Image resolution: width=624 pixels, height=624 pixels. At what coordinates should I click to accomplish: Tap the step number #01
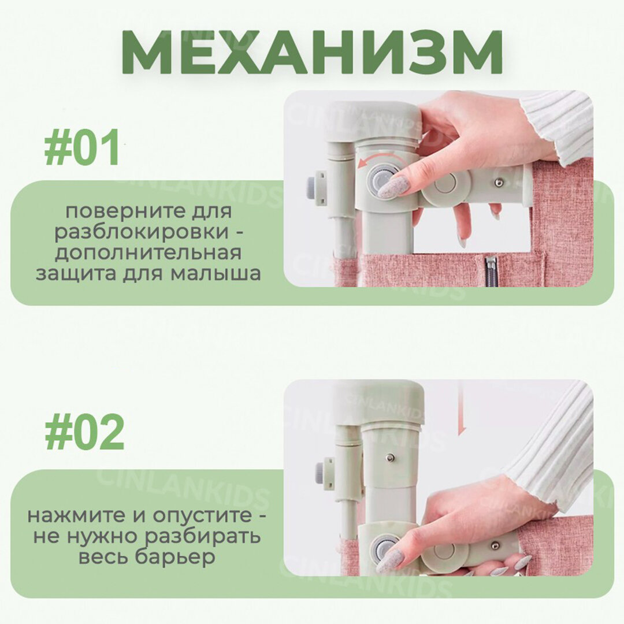pos(83,147)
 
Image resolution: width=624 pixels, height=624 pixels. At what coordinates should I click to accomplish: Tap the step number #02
pos(84,432)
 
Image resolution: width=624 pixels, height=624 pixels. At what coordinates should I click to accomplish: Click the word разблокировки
pos(142,232)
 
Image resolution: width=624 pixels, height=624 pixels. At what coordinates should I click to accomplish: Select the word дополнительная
pos(148,254)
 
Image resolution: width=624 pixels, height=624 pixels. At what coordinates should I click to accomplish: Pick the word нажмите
pos(76,516)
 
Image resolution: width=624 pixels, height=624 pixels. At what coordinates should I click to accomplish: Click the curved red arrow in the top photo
pos(370,161)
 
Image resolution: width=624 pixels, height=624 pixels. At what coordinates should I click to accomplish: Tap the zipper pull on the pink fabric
pos(491,266)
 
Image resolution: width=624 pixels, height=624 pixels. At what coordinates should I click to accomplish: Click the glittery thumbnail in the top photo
pos(392,187)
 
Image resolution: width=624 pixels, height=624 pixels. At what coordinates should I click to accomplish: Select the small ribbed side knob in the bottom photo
pos(320,474)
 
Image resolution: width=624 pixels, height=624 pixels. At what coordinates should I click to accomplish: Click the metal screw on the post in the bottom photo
pos(390,458)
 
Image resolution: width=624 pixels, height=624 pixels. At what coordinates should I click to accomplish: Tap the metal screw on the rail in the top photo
pos(499,183)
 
